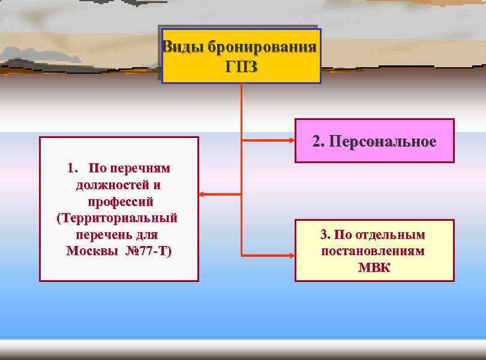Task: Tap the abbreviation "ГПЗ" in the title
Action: (x=241, y=67)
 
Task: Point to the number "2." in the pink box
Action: (x=319, y=142)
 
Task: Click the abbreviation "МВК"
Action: (x=374, y=267)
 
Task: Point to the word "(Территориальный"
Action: (x=118, y=217)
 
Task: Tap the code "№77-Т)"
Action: (x=148, y=250)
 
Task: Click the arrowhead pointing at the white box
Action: (x=202, y=194)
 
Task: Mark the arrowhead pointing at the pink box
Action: (x=292, y=142)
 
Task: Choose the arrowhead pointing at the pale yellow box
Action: (x=292, y=255)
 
